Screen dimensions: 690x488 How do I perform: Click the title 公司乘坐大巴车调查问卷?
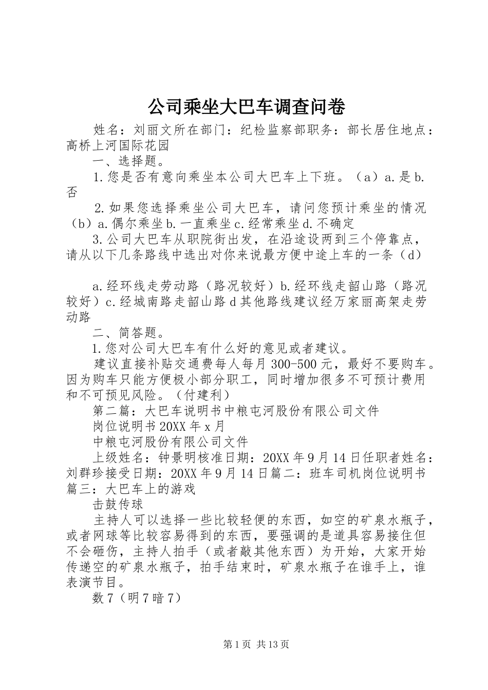click(x=246, y=107)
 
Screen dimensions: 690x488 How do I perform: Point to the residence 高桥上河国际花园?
click(x=118, y=146)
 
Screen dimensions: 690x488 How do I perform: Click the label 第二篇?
click(x=111, y=411)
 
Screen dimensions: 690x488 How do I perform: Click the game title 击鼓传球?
click(x=118, y=504)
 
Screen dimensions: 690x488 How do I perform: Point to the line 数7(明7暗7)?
click(x=137, y=598)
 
